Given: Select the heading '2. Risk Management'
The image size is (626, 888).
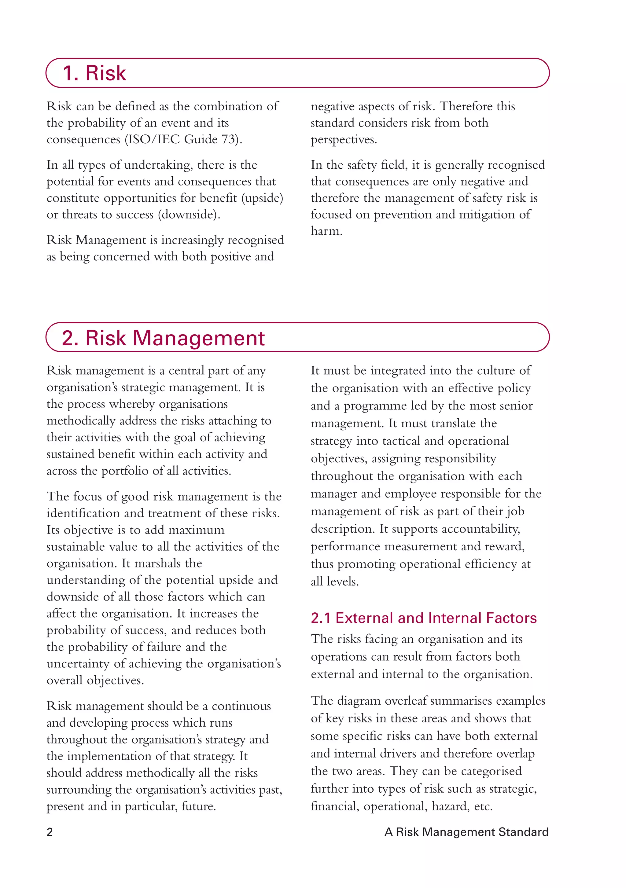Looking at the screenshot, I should tap(163, 338).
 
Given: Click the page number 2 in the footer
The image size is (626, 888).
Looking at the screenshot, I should tap(50, 832).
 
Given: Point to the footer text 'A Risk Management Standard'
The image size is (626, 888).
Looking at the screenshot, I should tap(466, 832).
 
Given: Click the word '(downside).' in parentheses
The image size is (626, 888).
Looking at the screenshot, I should tap(189, 215).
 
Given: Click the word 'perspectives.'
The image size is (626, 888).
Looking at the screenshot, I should tap(344, 140).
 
